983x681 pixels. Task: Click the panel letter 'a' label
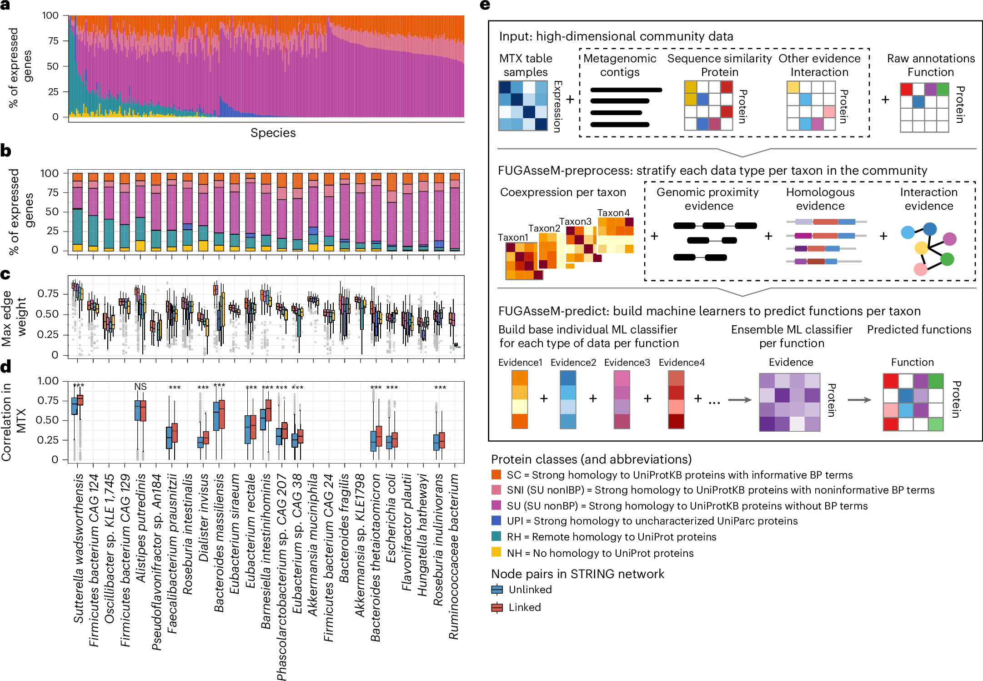(5, 5)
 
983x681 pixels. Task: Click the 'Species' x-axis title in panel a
(273, 133)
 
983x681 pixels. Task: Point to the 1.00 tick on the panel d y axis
(48, 381)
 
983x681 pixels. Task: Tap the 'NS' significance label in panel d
(140, 387)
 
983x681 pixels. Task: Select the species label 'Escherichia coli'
(391, 518)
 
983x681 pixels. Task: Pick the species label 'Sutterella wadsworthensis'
(78, 548)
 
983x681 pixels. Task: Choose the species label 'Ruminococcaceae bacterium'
(454, 556)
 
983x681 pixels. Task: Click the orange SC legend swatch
(496, 475)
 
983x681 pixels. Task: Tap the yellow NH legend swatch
(496, 553)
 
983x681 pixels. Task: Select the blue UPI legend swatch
(496, 521)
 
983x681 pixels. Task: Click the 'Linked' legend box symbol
(497, 607)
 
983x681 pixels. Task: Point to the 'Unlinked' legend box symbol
(497, 590)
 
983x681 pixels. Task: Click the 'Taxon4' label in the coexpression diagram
(613, 213)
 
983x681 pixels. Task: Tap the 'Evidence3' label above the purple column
(627, 363)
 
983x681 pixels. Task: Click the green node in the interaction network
(947, 259)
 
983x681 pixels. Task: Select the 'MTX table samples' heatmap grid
(523, 106)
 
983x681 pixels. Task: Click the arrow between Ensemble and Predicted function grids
(859, 400)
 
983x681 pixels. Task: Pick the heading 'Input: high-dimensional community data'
(616, 36)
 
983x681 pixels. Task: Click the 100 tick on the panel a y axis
(50, 15)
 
